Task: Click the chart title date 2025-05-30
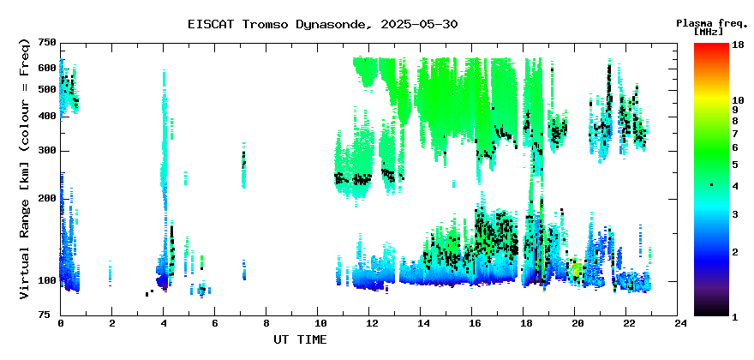click(419, 24)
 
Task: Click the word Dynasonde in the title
click(331, 25)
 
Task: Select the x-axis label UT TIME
click(300, 339)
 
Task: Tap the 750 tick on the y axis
click(48, 44)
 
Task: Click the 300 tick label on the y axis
click(48, 151)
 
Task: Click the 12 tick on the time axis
click(368, 323)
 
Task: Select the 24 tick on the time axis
click(678, 323)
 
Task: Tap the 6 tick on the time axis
click(214, 323)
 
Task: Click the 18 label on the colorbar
click(738, 45)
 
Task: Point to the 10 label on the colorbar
click(738, 100)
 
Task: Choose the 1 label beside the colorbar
click(735, 317)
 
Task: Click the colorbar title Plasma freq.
click(710, 23)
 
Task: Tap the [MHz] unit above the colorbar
click(708, 32)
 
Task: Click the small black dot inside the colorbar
click(712, 185)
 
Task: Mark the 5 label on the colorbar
click(735, 165)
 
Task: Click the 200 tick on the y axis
click(48, 198)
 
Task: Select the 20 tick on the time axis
click(575, 323)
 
